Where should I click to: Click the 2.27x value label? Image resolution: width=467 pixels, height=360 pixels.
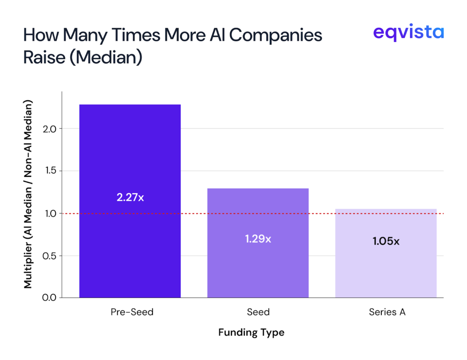coord(130,198)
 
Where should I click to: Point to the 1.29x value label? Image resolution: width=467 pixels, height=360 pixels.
coord(258,238)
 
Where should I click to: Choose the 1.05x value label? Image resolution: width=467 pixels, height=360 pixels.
coord(386,242)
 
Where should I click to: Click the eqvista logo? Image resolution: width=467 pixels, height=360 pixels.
coord(408,33)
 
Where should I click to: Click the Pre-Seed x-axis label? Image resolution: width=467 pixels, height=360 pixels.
coord(132,312)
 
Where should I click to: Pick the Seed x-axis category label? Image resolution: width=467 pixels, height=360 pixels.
coord(258,312)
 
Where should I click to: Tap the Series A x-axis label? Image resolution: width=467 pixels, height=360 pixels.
coord(387,312)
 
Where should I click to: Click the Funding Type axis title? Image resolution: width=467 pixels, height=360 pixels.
coord(251,332)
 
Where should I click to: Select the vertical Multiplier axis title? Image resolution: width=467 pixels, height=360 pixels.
coord(28,194)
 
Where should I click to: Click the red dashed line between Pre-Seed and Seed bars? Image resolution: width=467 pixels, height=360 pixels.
coord(194,213)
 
